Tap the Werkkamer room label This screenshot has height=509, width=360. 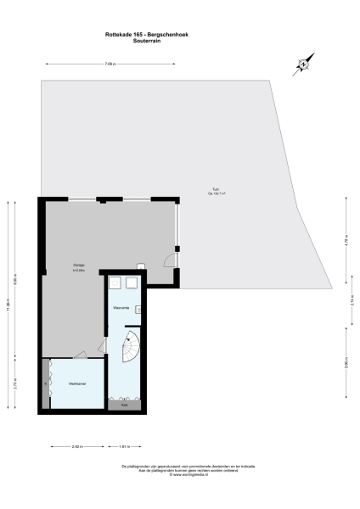tap(76, 383)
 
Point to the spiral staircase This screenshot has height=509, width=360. tap(132, 345)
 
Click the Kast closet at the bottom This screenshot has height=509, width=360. tap(124, 405)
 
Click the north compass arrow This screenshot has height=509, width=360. tap(303, 64)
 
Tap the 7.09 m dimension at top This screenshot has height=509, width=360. tap(110, 64)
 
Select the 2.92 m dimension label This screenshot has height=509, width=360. tap(76, 445)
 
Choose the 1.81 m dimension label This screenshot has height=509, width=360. tap(124, 445)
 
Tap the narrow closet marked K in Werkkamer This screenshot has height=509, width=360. tap(47, 383)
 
